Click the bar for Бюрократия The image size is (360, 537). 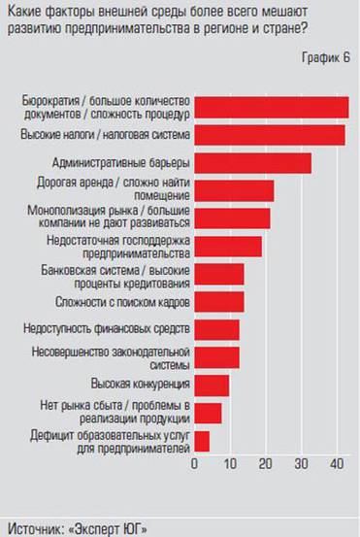point(272,107)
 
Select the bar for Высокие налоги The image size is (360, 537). point(270,134)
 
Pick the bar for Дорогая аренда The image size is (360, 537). point(235,190)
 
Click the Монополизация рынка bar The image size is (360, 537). point(233,218)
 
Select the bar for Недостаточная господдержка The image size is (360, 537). point(228,247)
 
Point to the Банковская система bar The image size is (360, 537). point(219,274)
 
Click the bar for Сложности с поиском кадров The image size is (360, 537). point(219,302)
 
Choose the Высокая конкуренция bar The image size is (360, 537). point(213,386)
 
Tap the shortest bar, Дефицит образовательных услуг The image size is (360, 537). point(203,441)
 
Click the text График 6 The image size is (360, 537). point(325,59)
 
